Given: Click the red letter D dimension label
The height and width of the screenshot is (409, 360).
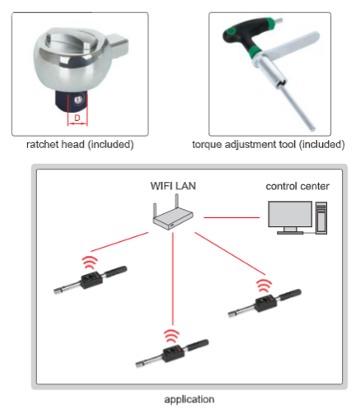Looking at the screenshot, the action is tap(77, 118).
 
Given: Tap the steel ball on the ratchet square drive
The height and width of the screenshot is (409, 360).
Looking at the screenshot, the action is tap(79, 99).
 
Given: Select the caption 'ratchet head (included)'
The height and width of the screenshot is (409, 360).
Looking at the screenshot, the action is tap(80, 145).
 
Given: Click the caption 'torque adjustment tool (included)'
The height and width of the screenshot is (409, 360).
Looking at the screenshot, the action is tap(269, 145).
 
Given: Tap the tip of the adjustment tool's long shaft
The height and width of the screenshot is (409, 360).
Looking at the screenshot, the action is tap(312, 128).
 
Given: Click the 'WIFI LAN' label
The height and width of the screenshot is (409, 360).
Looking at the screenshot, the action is tap(173, 186).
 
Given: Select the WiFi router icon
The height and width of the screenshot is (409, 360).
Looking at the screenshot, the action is tap(173, 212).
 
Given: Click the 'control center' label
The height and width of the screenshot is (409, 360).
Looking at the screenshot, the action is tap(297, 186).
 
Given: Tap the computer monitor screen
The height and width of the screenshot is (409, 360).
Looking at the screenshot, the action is tap(290, 214).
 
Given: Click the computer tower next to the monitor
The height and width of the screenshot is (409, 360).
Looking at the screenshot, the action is tap(321, 218).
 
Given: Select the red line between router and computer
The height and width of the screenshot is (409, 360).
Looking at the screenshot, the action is tap(231, 217).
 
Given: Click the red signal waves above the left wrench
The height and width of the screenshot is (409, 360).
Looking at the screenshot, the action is tap(90, 263).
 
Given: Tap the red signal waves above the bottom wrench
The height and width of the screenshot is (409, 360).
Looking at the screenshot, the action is tap(171, 336).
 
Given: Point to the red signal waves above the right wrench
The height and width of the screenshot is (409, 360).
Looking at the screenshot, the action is tap(264, 286).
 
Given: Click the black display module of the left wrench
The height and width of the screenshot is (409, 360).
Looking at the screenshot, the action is tap(91, 280).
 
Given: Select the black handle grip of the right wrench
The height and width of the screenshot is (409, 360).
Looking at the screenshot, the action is tap(291, 295).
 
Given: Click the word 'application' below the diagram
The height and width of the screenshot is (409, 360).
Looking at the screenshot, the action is tap(189, 399).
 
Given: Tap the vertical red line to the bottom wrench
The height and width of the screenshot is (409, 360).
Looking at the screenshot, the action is tap(173, 278).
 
